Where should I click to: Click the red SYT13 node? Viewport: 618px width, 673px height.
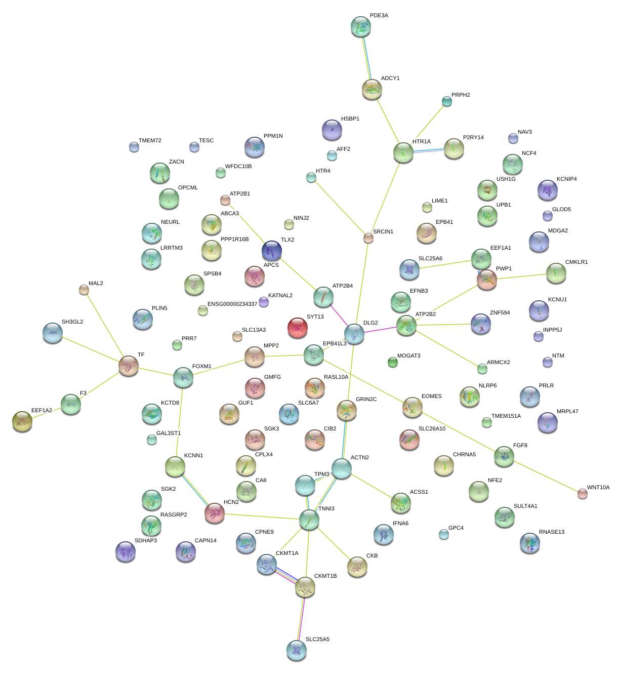[x=297, y=328]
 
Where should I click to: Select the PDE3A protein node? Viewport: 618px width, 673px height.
[x=360, y=27]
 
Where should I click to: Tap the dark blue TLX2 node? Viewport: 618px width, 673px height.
[x=272, y=250]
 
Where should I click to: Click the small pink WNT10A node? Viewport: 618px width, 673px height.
[x=583, y=494]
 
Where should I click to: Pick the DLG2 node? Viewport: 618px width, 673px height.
[x=354, y=334]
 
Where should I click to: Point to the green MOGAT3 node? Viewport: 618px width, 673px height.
[x=392, y=362]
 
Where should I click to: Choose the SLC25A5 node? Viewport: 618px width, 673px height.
[x=296, y=650]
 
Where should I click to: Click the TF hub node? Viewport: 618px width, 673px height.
[x=128, y=365]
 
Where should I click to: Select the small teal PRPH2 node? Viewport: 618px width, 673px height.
[x=446, y=101]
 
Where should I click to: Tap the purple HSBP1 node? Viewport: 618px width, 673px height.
[x=332, y=130]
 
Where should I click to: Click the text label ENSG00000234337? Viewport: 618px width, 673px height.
[x=232, y=304]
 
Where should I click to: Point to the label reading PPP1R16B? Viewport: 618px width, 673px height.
[x=234, y=239]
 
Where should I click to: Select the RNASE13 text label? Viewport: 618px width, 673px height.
[x=551, y=532]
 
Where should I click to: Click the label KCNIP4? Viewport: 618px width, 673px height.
[x=566, y=179]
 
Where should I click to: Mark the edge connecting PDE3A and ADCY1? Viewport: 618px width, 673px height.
[x=366, y=58]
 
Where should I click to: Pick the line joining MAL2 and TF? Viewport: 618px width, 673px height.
[x=106, y=327]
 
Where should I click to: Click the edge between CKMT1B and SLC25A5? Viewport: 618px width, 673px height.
[x=301, y=619]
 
